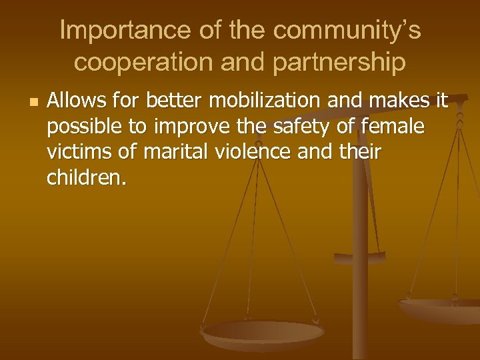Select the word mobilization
tap(263, 102)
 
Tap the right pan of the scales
tap(441, 309)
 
